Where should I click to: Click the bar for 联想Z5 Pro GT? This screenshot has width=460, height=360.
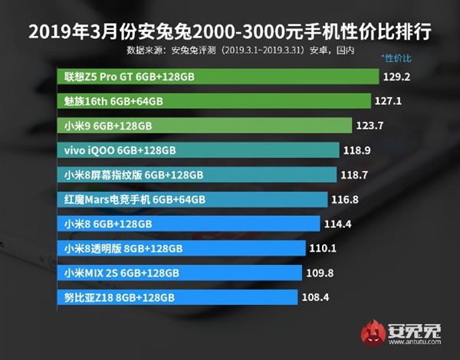pyautogui.click(x=219, y=77)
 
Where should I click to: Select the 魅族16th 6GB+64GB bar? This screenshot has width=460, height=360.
pyautogui.click(x=214, y=101)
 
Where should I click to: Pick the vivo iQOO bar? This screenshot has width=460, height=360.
pyautogui.click(x=199, y=150)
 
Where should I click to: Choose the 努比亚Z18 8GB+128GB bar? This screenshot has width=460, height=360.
pyautogui.click(x=177, y=297)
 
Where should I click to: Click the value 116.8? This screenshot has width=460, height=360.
pyautogui.click(x=351, y=200)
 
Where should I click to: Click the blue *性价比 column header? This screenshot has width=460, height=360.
pyautogui.click(x=396, y=58)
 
